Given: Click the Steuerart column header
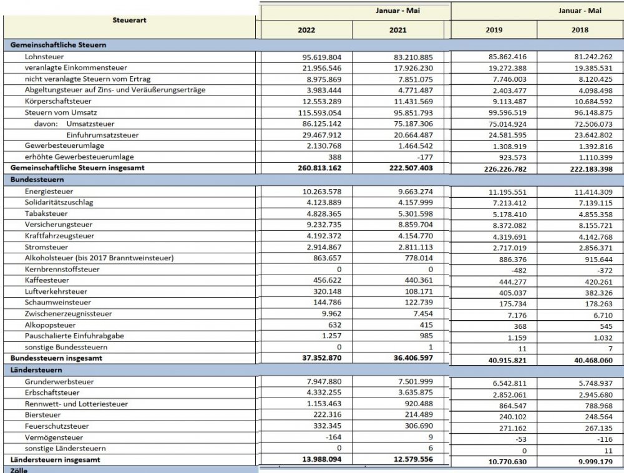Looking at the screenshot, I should [130, 20].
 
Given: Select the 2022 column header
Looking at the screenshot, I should [306, 29].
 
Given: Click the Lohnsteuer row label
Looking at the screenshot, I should [42, 56].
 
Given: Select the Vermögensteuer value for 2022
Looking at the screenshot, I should [341, 438].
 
